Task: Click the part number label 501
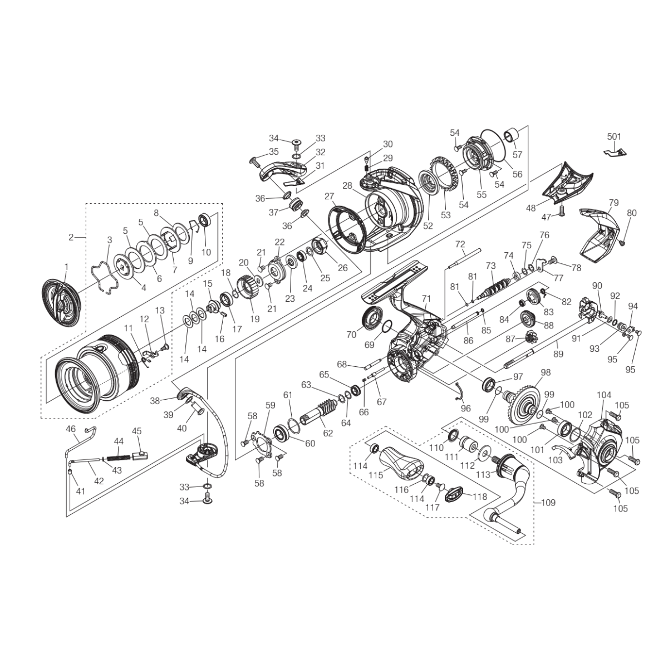(614, 136)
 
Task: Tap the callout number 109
(548, 502)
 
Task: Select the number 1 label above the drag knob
(66, 267)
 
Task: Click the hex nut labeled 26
(322, 246)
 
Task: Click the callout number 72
(460, 244)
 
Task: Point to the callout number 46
(71, 429)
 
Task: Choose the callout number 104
(604, 394)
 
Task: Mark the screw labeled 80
(622, 242)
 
